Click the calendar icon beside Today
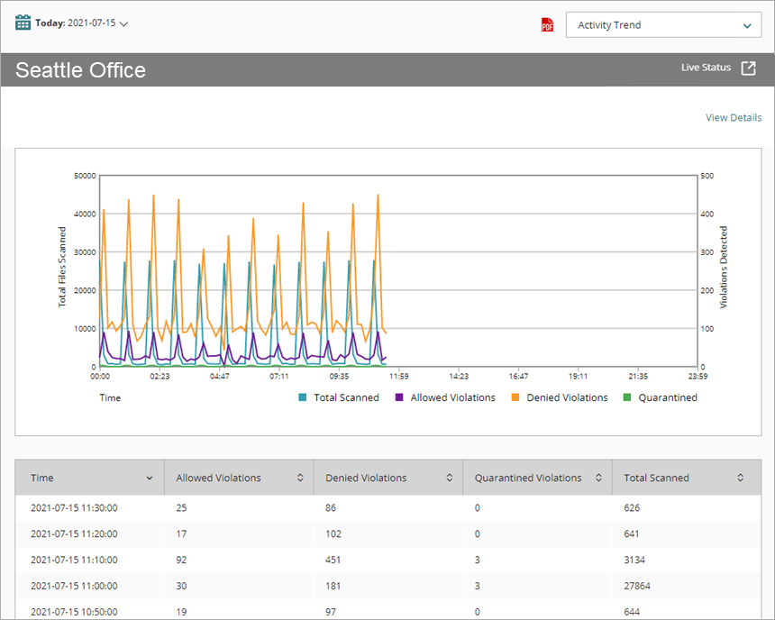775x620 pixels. pos(23,23)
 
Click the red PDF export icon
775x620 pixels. pos(547,25)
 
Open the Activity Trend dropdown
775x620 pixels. pos(663,25)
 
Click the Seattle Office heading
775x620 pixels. pos(80,70)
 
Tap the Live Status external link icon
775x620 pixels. pos(748,68)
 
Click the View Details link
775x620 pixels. pos(733,118)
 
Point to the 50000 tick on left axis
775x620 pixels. pos(84,176)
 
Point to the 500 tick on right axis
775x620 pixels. pos(707,176)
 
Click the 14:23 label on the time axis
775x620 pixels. pos(459,377)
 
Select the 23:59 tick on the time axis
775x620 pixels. pos(697,377)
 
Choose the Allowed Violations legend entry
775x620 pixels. pos(452,397)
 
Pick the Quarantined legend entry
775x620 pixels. pos(668,397)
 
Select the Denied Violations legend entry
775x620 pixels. pos(567,397)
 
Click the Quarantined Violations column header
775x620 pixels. pos(528,478)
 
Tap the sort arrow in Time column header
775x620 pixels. pos(150,479)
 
